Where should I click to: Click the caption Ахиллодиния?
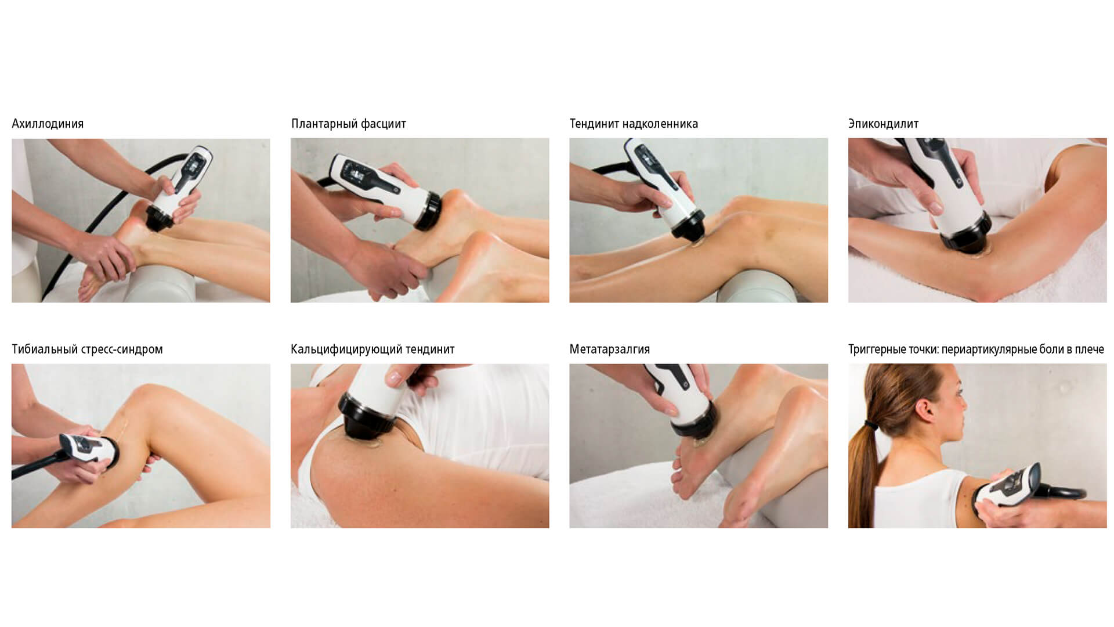click(48, 124)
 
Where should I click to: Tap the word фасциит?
click(384, 124)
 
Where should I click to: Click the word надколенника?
click(661, 124)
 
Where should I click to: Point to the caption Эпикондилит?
click(883, 124)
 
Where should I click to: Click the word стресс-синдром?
click(120, 349)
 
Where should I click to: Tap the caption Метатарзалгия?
click(610, 349)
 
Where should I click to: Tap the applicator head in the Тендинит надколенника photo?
click(689, 226)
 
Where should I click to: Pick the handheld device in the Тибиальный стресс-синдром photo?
click(87, 449)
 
